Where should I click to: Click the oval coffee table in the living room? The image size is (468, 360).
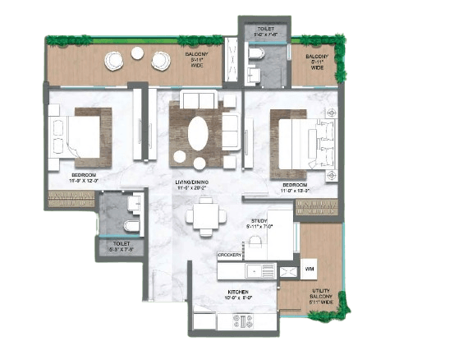pos(198,132)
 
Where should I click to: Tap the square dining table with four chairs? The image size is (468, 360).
pos(204,216)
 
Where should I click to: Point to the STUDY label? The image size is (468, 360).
pos(261,221)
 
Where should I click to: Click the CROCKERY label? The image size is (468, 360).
pos(229,256)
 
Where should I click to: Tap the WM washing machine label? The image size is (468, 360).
pos(309,269)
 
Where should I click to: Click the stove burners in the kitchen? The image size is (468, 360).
pos(243,320)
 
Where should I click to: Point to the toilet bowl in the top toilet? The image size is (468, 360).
pos(255,53)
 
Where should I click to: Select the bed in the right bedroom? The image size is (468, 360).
pos(304,143)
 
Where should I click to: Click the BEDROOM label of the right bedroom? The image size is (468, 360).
pos(296,186)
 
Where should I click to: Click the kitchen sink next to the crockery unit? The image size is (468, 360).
pos(265,270)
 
